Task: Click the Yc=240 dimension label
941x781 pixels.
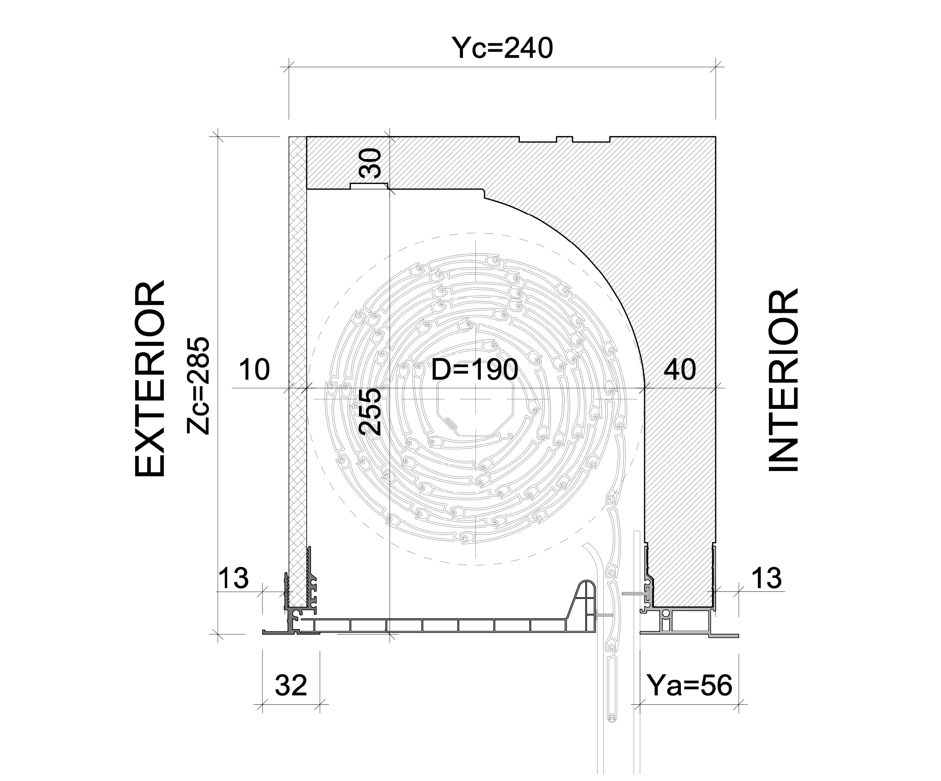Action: pos(502,48)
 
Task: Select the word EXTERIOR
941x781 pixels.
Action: pos(150,379)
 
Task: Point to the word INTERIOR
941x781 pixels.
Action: pos(783,380)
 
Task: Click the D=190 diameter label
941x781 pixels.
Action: pos(475,369)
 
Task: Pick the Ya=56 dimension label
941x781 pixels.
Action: pos(690,685)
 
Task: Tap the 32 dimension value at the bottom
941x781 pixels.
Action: pos(291,685)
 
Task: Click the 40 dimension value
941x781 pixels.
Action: pos(680,369)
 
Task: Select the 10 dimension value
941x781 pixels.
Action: pos(255,369)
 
